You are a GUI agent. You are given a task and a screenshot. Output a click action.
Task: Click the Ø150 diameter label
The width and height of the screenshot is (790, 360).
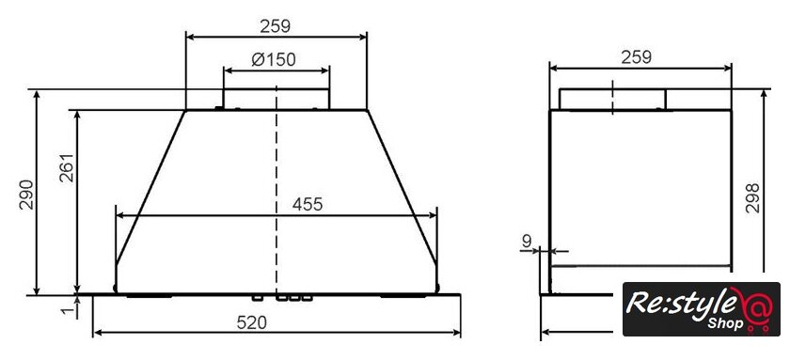click(274, 59)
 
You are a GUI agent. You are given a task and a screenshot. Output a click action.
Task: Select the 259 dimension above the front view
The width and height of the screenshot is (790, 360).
click(275, 25)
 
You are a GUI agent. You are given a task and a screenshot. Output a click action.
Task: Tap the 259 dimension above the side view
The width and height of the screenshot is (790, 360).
click(636, 57)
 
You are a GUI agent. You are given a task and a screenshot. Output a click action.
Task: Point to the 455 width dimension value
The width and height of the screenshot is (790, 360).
click(307, 204)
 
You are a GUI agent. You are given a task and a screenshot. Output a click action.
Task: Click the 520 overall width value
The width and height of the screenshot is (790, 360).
click(251, 322)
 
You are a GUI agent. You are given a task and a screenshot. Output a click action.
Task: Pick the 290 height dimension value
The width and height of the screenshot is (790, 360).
click(26, 195)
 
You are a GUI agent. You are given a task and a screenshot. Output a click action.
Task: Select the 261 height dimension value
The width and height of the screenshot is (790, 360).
click(67, 167)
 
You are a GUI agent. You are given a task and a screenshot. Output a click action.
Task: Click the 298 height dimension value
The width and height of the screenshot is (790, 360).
click(752, 198)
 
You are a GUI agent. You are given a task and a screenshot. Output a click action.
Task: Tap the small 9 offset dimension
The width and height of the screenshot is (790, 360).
click(527, 242)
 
